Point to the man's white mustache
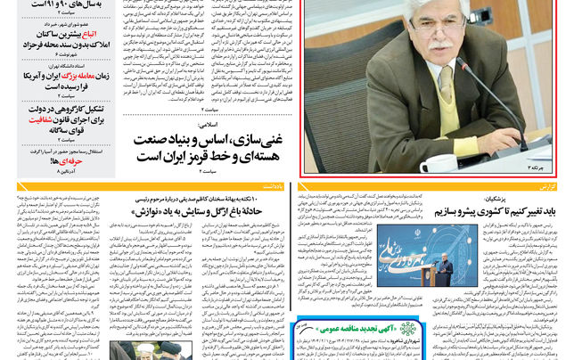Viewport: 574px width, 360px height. coord(442,55)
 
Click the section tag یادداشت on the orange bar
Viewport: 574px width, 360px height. coord(272,187)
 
